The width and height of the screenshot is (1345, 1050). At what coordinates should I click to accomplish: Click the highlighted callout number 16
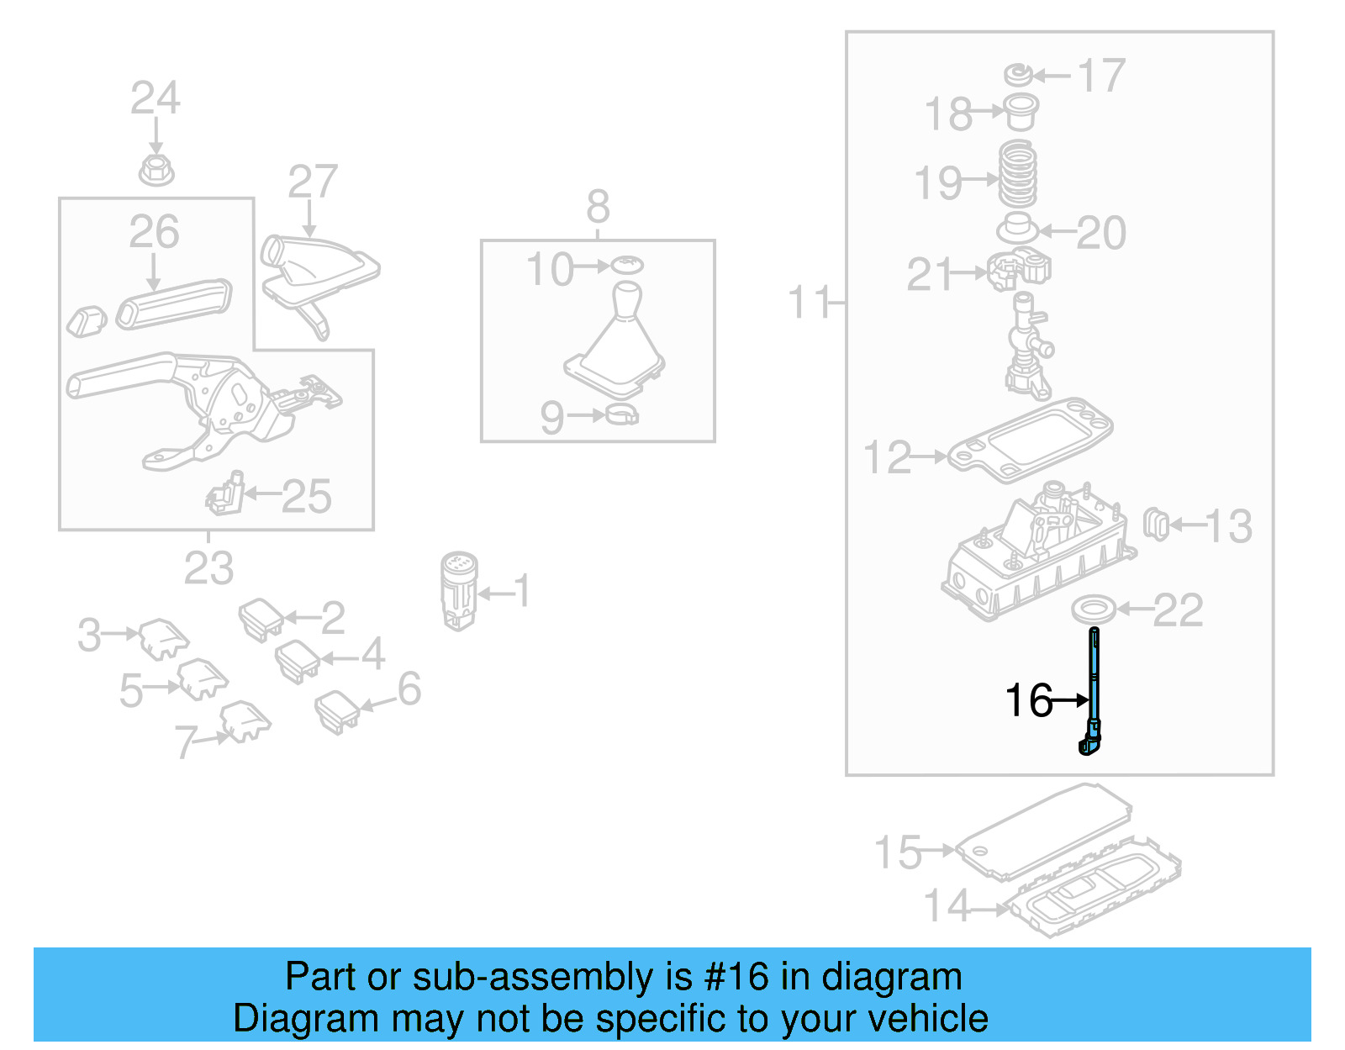[1028, 700]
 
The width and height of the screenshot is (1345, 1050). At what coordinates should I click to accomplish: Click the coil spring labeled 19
[1017, 175]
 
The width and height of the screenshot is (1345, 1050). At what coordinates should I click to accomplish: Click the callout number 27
[312, 182]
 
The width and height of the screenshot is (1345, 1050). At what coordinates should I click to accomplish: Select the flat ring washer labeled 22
[1094, 609]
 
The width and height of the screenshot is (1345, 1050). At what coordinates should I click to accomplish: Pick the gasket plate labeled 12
[1030, 439]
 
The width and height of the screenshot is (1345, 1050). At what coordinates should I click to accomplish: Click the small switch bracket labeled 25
[225, 494]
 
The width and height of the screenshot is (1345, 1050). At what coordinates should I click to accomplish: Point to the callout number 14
[947, 906]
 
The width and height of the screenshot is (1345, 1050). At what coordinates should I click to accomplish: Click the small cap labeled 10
[626, 265]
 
